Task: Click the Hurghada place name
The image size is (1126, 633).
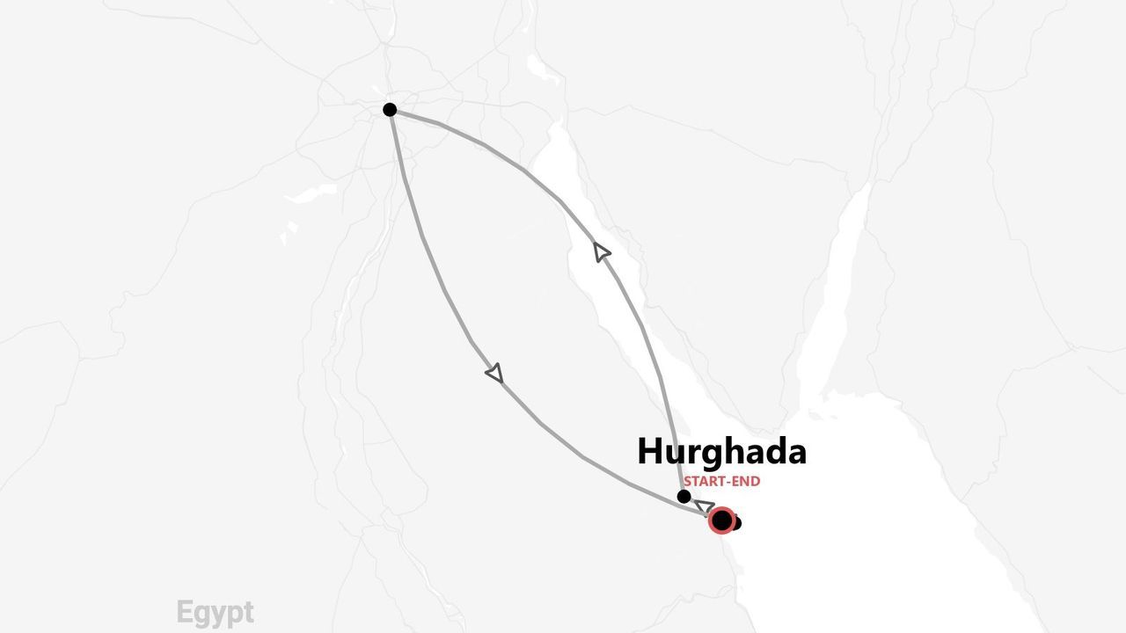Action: [721, 452]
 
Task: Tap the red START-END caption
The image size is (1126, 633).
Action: [721, 482]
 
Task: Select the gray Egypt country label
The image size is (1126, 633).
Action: [215, 612]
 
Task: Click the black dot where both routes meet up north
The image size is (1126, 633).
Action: [390, 110]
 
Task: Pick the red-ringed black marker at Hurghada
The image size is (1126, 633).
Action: [721, 520]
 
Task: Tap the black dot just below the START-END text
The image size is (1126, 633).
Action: [684, 497]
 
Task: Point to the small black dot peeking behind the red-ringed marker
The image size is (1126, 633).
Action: [736, 524]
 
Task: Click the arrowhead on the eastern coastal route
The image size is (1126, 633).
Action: [602, 253]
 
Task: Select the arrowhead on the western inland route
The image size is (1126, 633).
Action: [495, 373]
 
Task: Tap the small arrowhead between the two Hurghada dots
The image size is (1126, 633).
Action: [704, 506]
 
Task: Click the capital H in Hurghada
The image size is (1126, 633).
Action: [649, 452]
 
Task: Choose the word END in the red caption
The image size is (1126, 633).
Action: [747, 482]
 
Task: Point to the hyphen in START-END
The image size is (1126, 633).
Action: [730, 482]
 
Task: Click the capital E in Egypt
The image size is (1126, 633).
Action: [184, 612]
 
